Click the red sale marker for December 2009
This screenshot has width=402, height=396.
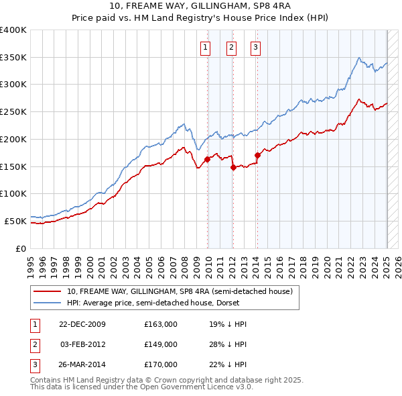pyautogui.click(x=208, y=159)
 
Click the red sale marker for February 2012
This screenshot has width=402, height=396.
pyautogui.click(x=233, y=167)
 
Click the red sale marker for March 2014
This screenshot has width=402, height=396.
pyautogui.click(x=257, y=156)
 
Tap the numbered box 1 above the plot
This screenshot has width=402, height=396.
pyautogui.click(x=204, y=47)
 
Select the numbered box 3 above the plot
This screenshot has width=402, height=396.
pyautogui.click(x=256, y=47)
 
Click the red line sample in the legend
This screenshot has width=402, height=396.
pyautogui.click(x=47, y=292)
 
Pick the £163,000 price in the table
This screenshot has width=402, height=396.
pyautogui.click(x=161, y=324)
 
